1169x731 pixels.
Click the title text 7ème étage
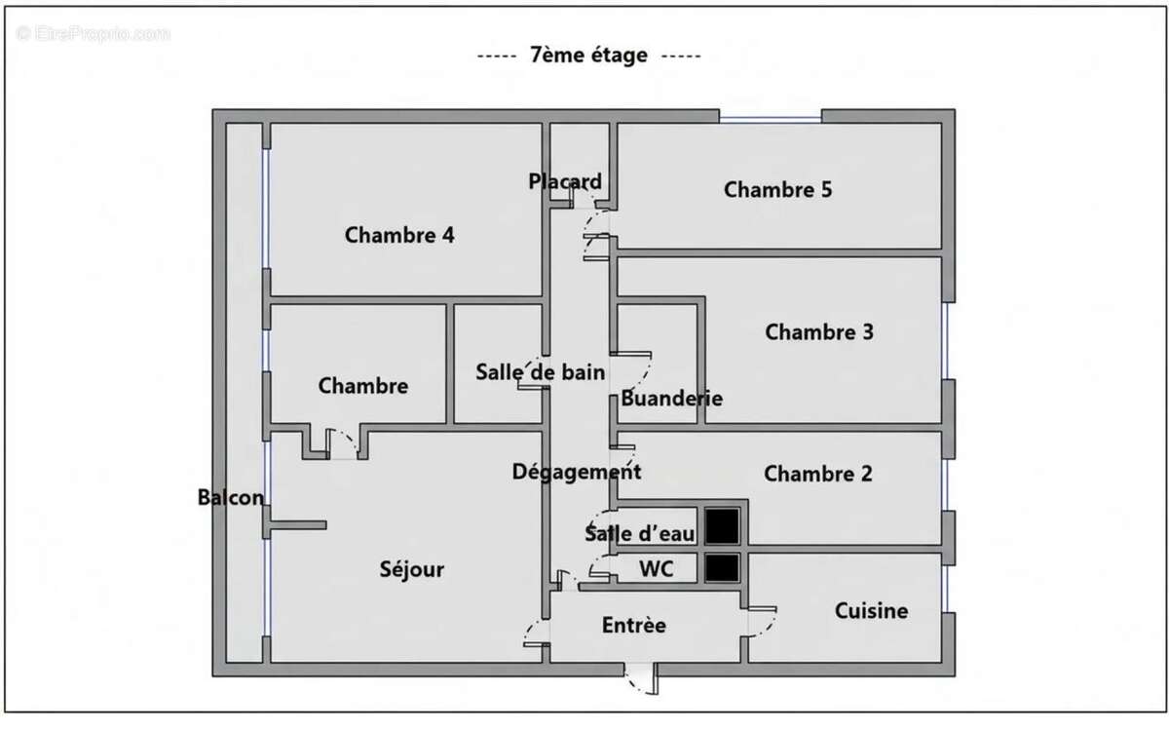point(588,56)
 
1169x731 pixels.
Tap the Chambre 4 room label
point(399,235)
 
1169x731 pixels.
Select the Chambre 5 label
point(777,189)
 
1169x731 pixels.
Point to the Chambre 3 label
point(819,332)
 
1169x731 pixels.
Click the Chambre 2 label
point(817,474)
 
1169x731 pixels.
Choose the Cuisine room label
point(871,611)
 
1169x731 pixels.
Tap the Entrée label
point(633,625)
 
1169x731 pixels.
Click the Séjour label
point(412,569)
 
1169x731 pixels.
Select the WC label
point(656,569)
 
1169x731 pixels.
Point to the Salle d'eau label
point(639,534)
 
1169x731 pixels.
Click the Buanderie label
point(671,399)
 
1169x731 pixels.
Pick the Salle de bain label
point(540,372)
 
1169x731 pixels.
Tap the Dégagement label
point(576,472)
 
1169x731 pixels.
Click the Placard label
point(565,181)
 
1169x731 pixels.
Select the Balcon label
point(231,498)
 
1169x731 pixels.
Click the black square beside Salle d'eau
point(722,526)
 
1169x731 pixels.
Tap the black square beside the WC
point(722,568)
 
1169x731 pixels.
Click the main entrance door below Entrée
point(643,679)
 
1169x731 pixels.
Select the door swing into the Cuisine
point(762,622)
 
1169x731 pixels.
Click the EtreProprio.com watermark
point(93,34)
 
